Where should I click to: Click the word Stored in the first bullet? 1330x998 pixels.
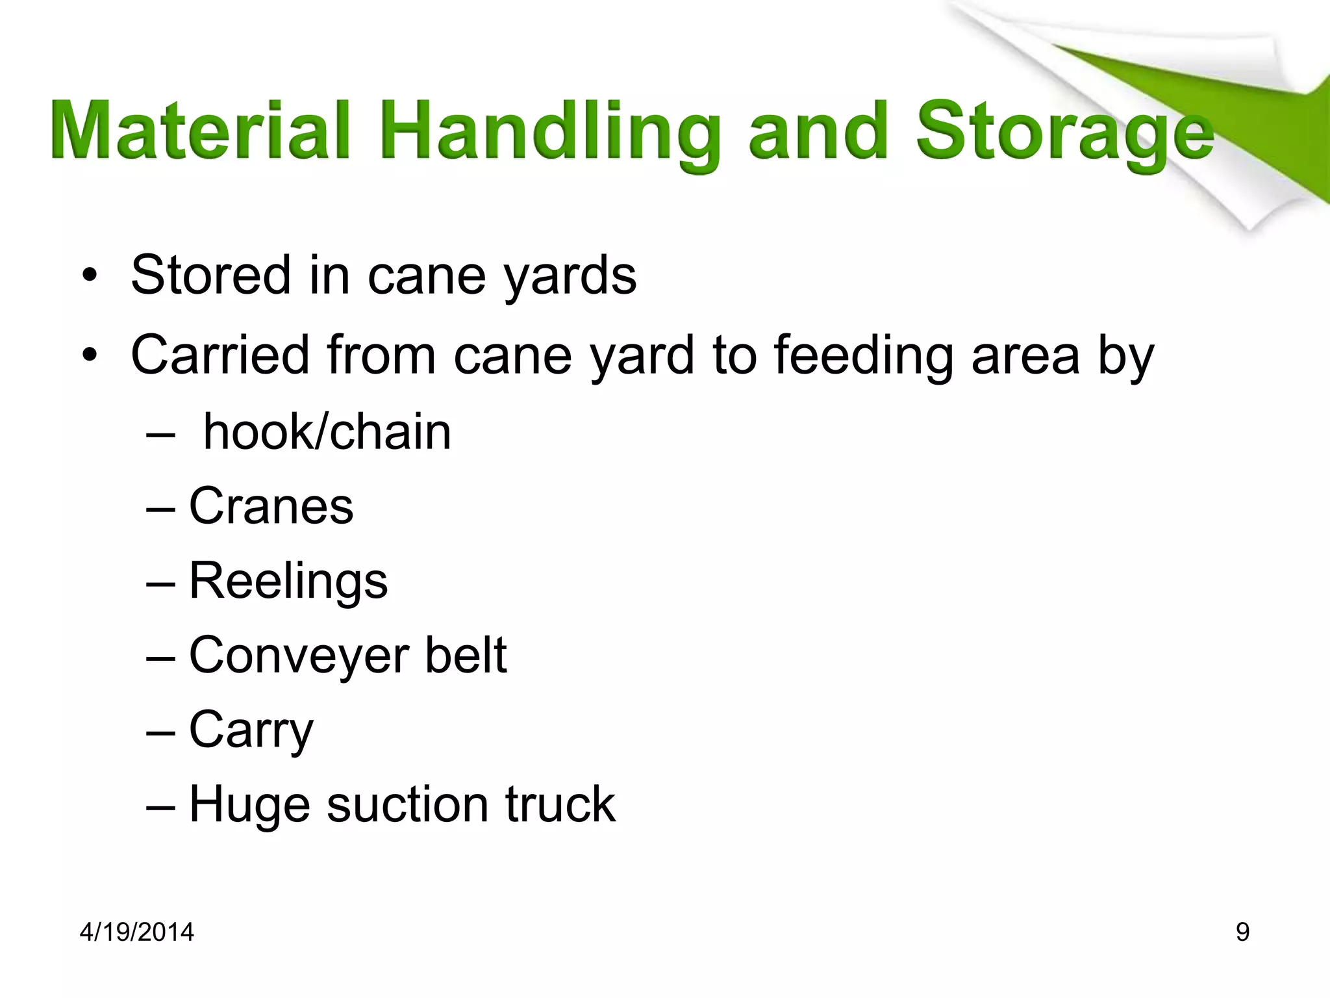point(210,275)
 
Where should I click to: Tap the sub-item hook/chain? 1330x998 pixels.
point(327,432)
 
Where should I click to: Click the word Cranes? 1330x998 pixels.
point(271,506)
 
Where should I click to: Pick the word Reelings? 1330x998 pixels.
point(288,581)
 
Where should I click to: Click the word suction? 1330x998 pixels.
point(407,804)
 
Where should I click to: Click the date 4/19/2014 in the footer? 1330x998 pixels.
point(136,932)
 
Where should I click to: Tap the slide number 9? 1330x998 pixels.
point(1242,932)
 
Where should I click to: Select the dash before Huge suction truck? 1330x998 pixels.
point(160,806)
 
